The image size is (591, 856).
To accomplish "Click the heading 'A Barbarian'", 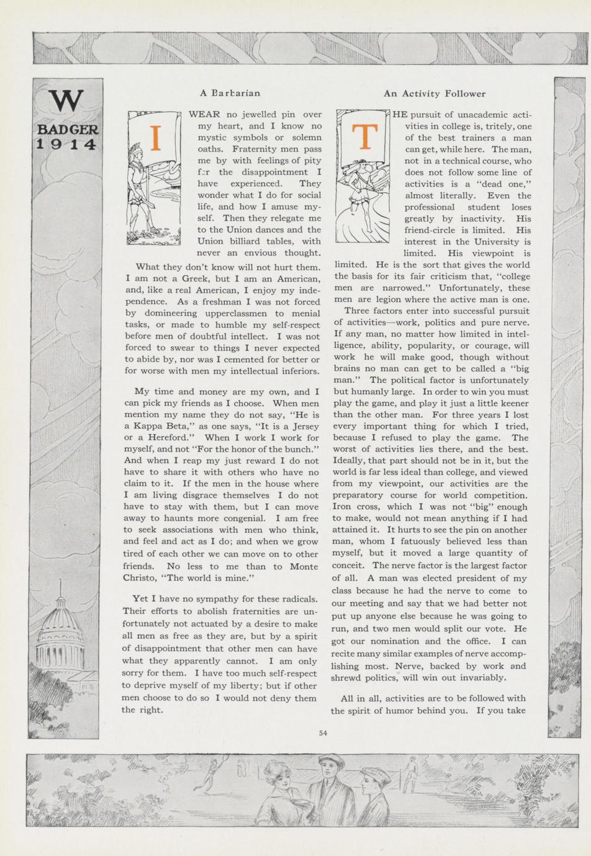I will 230,93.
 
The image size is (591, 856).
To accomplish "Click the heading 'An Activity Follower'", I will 434,94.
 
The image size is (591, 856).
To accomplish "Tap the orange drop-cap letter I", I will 156,138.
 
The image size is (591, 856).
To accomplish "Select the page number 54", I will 323,733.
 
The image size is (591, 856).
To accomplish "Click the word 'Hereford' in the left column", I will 171,438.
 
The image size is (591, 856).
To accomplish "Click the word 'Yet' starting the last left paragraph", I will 141,599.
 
